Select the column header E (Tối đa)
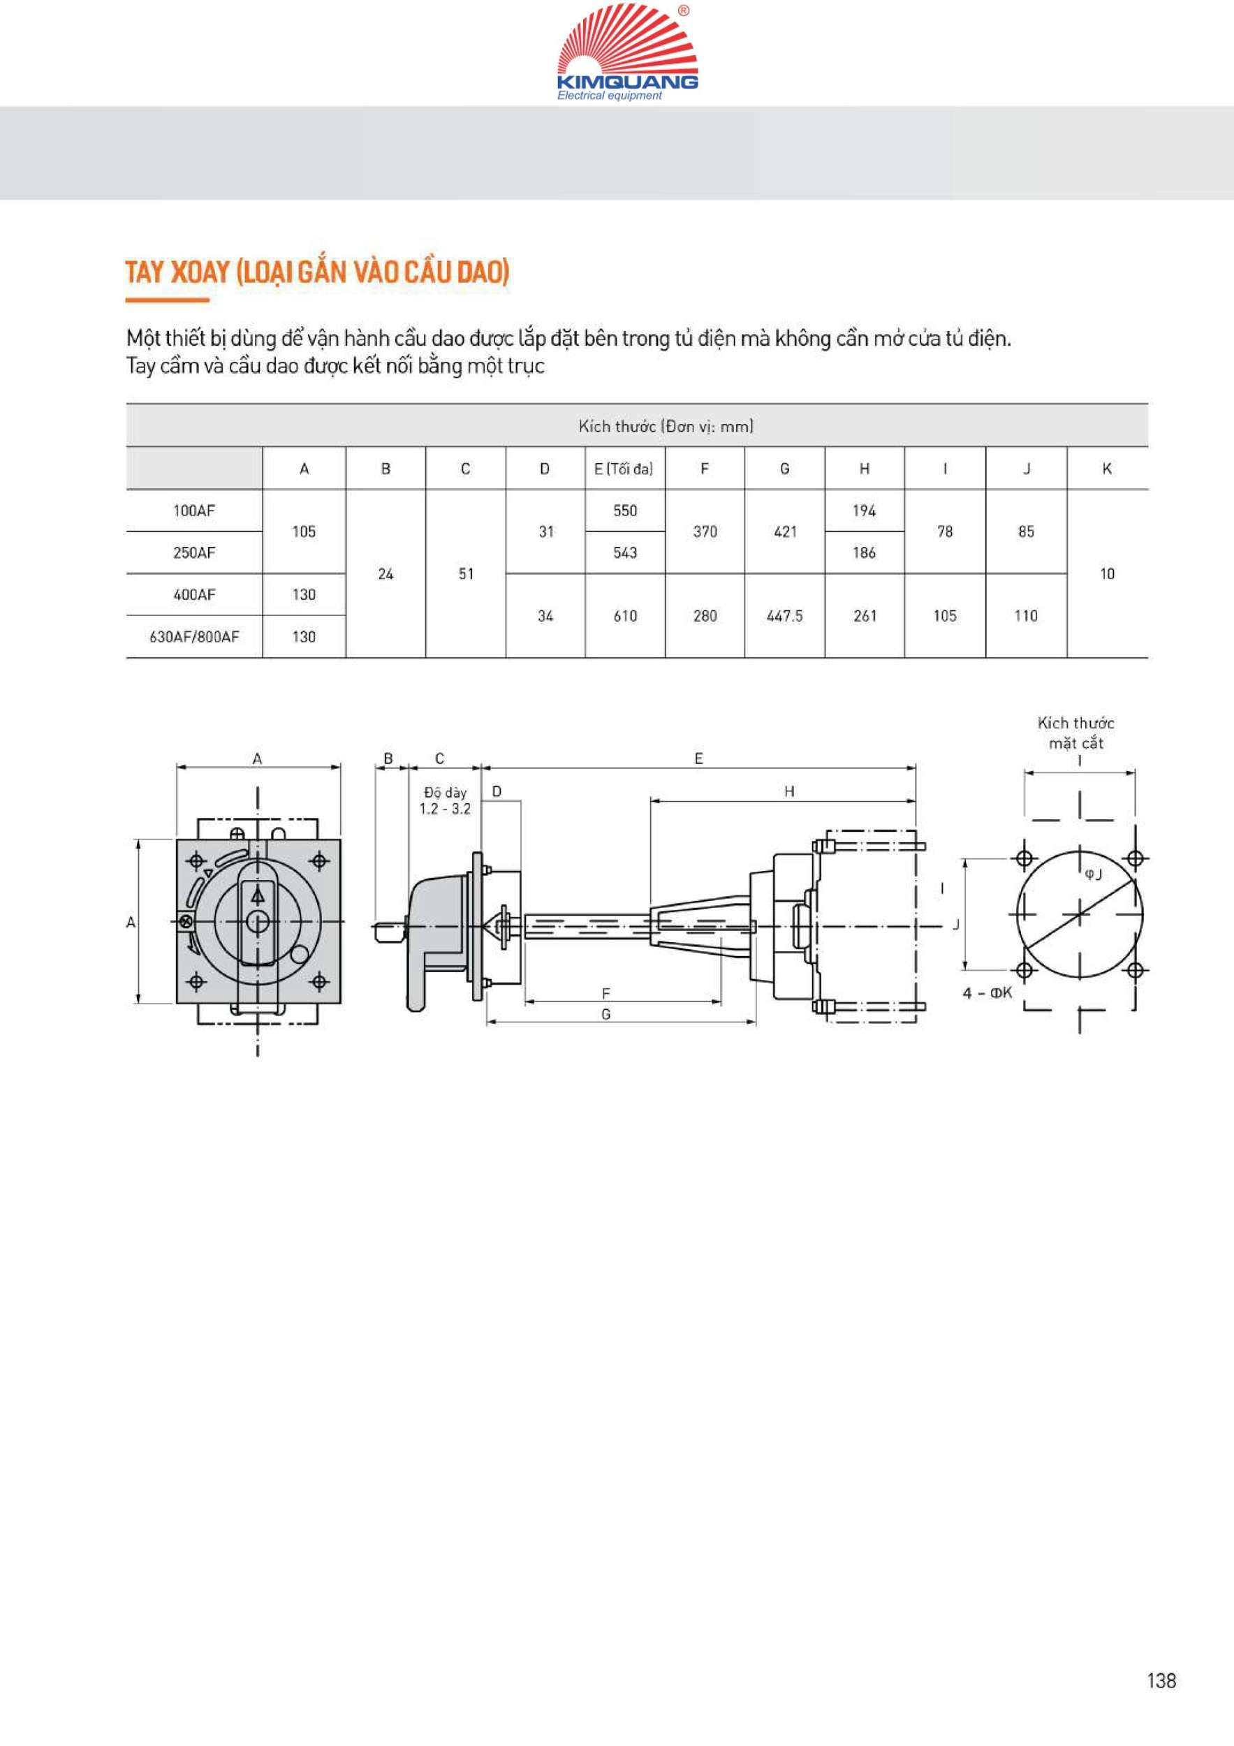(x=624, y=469)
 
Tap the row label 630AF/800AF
(x=194, y=636)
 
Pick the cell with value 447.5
(x=785, y=616)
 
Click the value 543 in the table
(x=625, y=553)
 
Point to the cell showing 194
(x=865, y=511)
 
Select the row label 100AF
(x=194, y=511)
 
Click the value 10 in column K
(x=1107, y=573)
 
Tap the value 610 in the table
(x=625, y=616)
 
